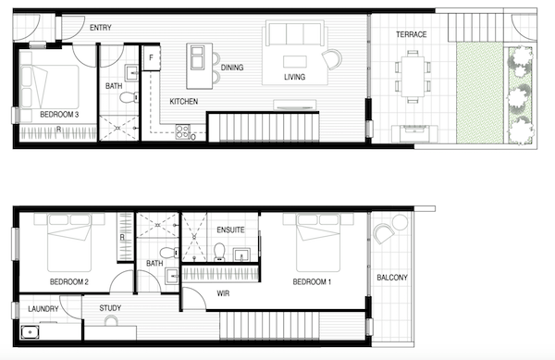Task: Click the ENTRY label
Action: pyautogui.click(x=101, y=28)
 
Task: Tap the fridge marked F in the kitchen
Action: pyautogui.click(x=151, y=57)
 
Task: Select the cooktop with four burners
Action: pyautogui.click(x=182, y=131)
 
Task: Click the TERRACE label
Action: pyautogui.click(x=411, y=34)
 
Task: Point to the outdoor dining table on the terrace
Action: pyautogui.click(x=413, y=77)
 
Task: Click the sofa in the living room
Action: pyautogui.click(x=295, y=33)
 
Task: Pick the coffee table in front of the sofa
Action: pyautogui.click(x=295, y=62)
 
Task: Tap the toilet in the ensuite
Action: pyautogui.click(x=219, y=252)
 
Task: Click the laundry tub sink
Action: pyautogui.click(x=31, y=332)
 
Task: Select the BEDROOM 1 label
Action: pyautogui.click(x=312, y=282)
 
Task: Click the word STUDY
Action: pyautogui.click(x=110, y=308)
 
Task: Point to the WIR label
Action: pyautogui.click(x=223, y=293)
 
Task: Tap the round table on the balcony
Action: pyautogui.click(x=400, y=222)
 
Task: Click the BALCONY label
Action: pyautogui.click(x=392, y=278)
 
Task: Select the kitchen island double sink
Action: pyautogui.click(x=197, y=57)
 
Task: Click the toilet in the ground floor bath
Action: pyautogui.click(x=129, y=96)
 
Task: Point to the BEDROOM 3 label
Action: pyautogui.click(x=59, y=115)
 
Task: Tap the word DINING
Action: pyautogui.click(x=232, y=68)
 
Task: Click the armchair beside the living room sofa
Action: pyautogui.click(x=332, y=59)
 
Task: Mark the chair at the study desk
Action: pyautogui.click(x=111, y=321)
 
